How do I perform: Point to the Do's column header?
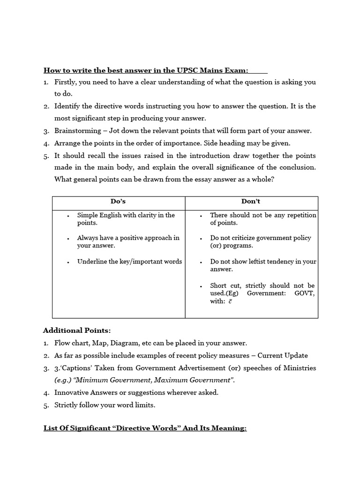coord(118,202)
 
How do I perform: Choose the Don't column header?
coord(251,202)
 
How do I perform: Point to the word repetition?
coord(300,215)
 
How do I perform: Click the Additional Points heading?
coord(77,330)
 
